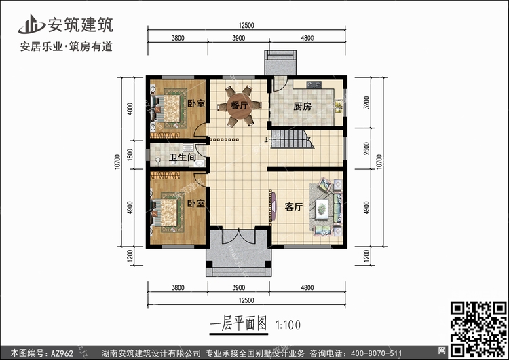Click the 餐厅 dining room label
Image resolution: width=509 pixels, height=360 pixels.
(240, 105)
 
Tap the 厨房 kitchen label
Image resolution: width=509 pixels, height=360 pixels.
(302, 106)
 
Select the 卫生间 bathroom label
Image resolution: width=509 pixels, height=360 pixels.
(183, 158)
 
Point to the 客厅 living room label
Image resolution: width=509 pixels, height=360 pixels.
(294, 206)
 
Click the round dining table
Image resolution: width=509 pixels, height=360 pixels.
(240, 105)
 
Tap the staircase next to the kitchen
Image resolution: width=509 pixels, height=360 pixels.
(292, 139)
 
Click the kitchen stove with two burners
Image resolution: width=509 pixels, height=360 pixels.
(314, 84)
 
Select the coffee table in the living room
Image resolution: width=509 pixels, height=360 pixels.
(322, 209)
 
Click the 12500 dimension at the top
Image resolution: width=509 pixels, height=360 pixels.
(246, 26)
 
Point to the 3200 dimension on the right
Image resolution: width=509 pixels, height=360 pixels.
(366, 103)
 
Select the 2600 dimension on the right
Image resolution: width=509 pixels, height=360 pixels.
(366, 149)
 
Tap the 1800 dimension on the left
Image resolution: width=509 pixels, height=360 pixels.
(130, 155)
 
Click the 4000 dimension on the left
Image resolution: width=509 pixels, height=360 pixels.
(130, 109)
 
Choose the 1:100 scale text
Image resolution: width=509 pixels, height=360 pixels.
(288, 325)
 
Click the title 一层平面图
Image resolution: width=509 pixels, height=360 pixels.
(239, 323)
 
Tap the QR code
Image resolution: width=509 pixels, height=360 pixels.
(478, 329)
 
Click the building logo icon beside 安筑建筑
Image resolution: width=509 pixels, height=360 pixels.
(32, 24)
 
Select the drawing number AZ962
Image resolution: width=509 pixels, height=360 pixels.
(62, 353)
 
